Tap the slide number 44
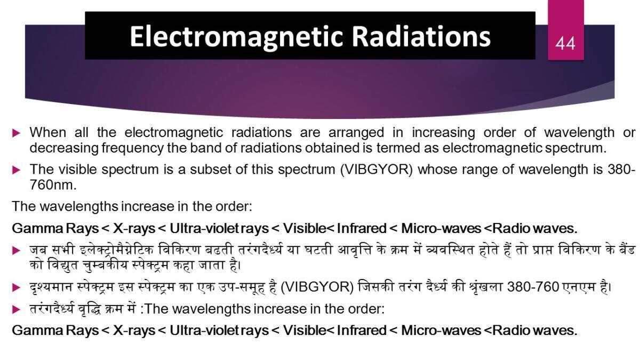click(565, 43)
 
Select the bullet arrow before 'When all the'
click(17, 133)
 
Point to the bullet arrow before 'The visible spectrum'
click(17, 170)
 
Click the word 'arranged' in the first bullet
click(356, 133)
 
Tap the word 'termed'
click(397, 148)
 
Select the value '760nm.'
click(53, 185)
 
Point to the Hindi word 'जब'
click(38, 251)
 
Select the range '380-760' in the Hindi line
click(533, 287)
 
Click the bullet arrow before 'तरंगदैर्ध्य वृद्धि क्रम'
click(17, 309)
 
